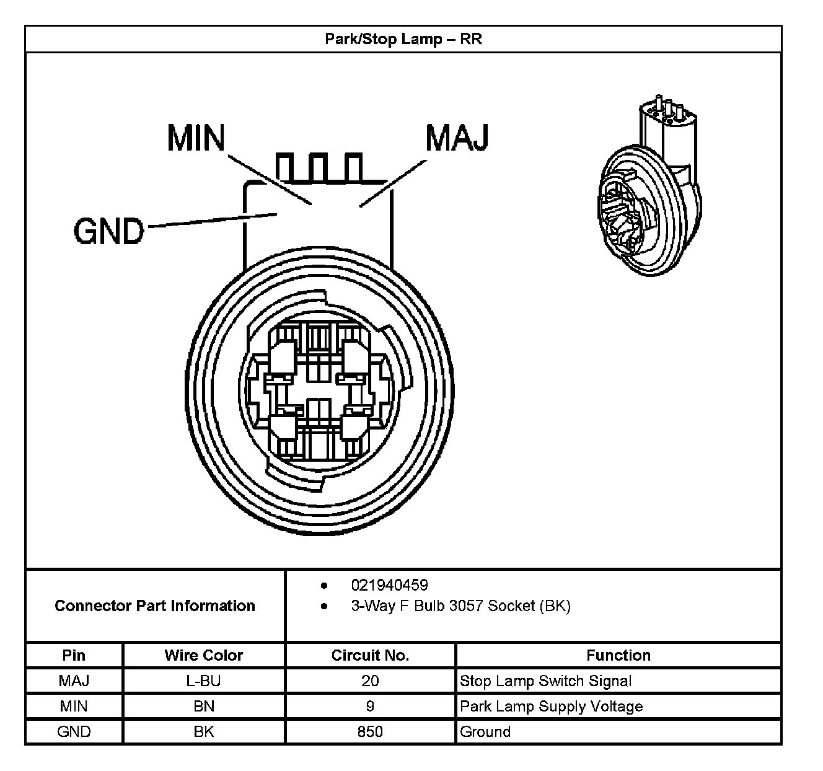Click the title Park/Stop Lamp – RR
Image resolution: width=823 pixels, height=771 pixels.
pos(403,40)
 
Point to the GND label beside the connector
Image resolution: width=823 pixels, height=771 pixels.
pos(108,232)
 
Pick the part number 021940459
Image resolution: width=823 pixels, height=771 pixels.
pos(389,585)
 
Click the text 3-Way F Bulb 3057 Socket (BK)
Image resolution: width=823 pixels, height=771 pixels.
pos(460,606)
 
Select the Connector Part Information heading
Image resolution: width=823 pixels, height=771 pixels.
pos(155,606)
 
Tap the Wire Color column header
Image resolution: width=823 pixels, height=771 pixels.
pos(204,655)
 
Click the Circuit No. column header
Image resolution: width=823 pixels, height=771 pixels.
pos(370,655)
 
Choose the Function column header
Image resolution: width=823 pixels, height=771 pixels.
pos(618,655)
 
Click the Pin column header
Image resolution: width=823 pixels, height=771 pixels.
pos(74,655)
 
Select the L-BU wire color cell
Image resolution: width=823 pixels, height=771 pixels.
pos(204,681)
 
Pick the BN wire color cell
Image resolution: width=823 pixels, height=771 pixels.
pos(204,707)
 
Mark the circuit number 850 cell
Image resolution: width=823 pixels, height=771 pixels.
pos(370,732)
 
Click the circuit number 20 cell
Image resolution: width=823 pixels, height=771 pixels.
pos(370,681)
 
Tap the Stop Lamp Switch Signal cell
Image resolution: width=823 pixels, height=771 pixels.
pos(545,681)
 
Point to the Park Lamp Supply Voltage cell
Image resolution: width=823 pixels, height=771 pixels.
pos(551,707)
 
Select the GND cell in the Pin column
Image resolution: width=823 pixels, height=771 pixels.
pos(74,732)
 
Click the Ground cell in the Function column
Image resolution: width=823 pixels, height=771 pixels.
pos(485,732)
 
